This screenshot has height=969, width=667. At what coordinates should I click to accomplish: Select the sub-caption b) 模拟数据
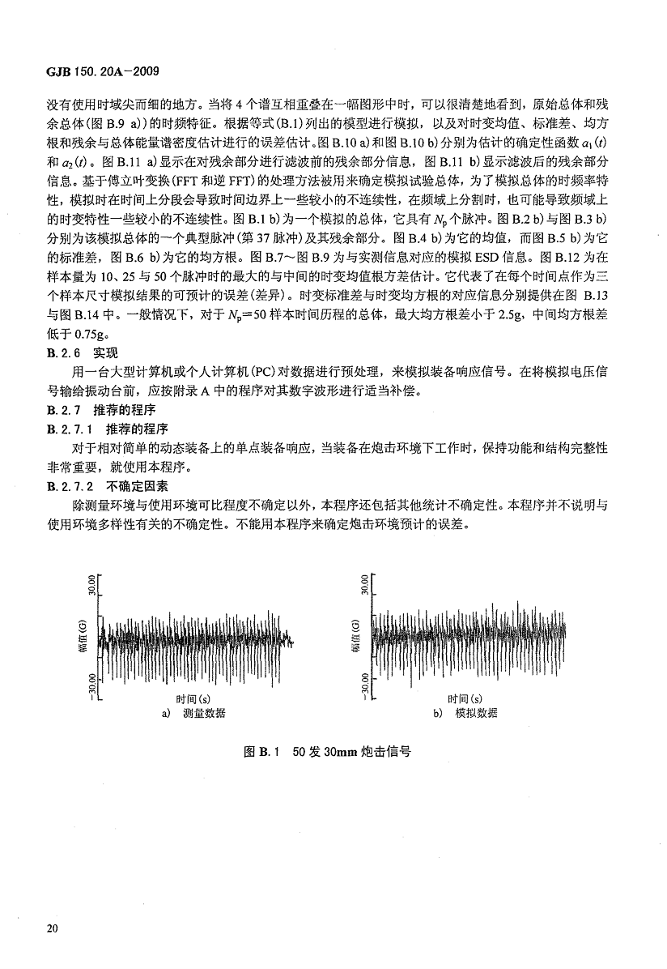click(465, 714)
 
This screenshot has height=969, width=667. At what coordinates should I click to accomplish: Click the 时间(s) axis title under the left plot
click(193, 698)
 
